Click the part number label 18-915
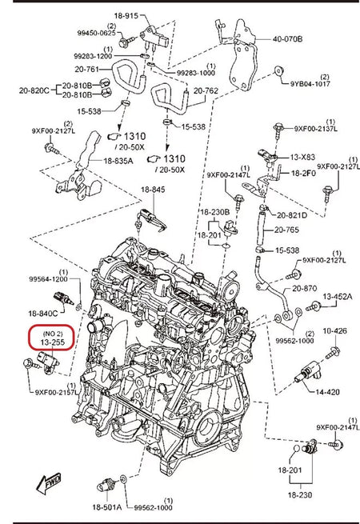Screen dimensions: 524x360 tap(148, 16)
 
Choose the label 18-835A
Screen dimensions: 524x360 tap(118, 161)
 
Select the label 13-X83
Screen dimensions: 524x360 tap(303, 158)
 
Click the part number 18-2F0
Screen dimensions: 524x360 tap(303, 173)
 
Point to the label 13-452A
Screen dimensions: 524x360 tap(337, 297)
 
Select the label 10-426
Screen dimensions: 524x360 tap(334, 330)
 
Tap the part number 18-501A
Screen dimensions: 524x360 tap(106, 508)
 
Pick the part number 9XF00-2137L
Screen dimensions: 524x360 tap(316, 128)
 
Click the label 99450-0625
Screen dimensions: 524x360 tap(98, 34)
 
